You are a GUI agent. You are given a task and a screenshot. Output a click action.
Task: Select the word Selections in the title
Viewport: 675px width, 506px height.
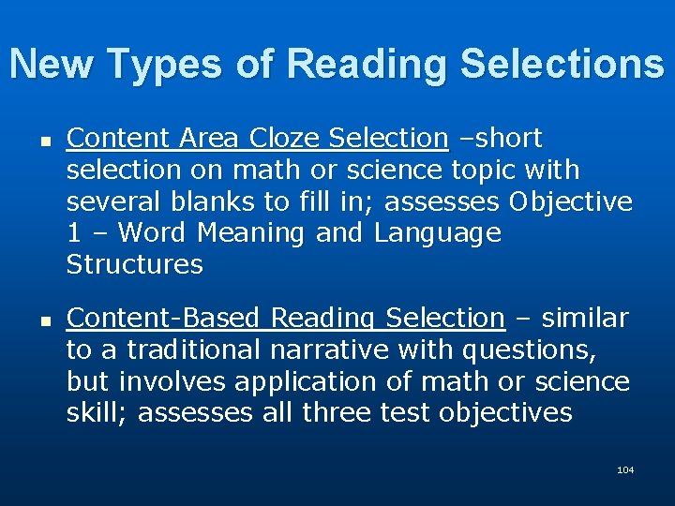567,64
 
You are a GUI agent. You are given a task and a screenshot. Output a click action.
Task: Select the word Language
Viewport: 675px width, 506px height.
438,233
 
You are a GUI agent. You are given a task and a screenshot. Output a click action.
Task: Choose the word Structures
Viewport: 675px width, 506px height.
134,264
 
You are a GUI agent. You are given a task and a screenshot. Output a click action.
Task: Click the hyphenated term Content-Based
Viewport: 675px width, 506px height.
165,319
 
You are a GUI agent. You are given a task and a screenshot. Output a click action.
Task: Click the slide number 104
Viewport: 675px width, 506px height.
625,469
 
